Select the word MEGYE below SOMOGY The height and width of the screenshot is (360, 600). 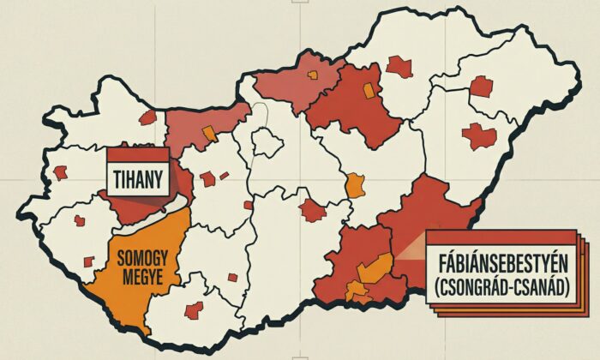pos(143,277)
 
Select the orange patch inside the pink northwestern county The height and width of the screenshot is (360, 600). pos(207,132)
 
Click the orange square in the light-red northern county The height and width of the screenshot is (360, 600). pos(314,75)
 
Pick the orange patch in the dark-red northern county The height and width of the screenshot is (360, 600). pos(369,91)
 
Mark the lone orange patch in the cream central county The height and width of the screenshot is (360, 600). pos(355,185)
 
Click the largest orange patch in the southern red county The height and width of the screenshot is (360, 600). pos(375,269)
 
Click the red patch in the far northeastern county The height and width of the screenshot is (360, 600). pos(482,86)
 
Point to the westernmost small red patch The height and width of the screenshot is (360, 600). pos(60,171)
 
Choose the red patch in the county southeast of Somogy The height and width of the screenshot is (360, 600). pos(194,309)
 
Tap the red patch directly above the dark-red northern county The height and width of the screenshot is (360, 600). pos(398,66)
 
